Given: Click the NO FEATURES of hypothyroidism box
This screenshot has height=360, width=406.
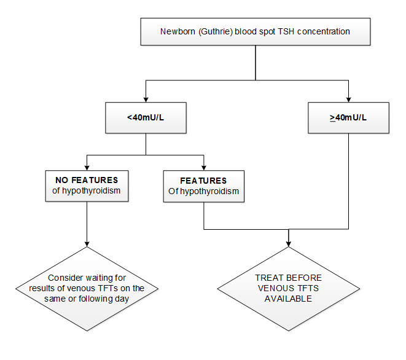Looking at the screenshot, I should pos(87,186).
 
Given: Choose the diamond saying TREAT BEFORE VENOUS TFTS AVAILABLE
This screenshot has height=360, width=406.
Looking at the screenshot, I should pos(288,288).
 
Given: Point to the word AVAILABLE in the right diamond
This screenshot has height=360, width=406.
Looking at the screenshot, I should pos(288,299).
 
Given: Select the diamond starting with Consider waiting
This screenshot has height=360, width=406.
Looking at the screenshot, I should pos(87,288).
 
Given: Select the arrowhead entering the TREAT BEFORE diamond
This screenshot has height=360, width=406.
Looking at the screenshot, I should pos(288,243).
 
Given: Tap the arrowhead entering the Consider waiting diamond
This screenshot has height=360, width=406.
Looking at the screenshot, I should pos(87,243).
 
